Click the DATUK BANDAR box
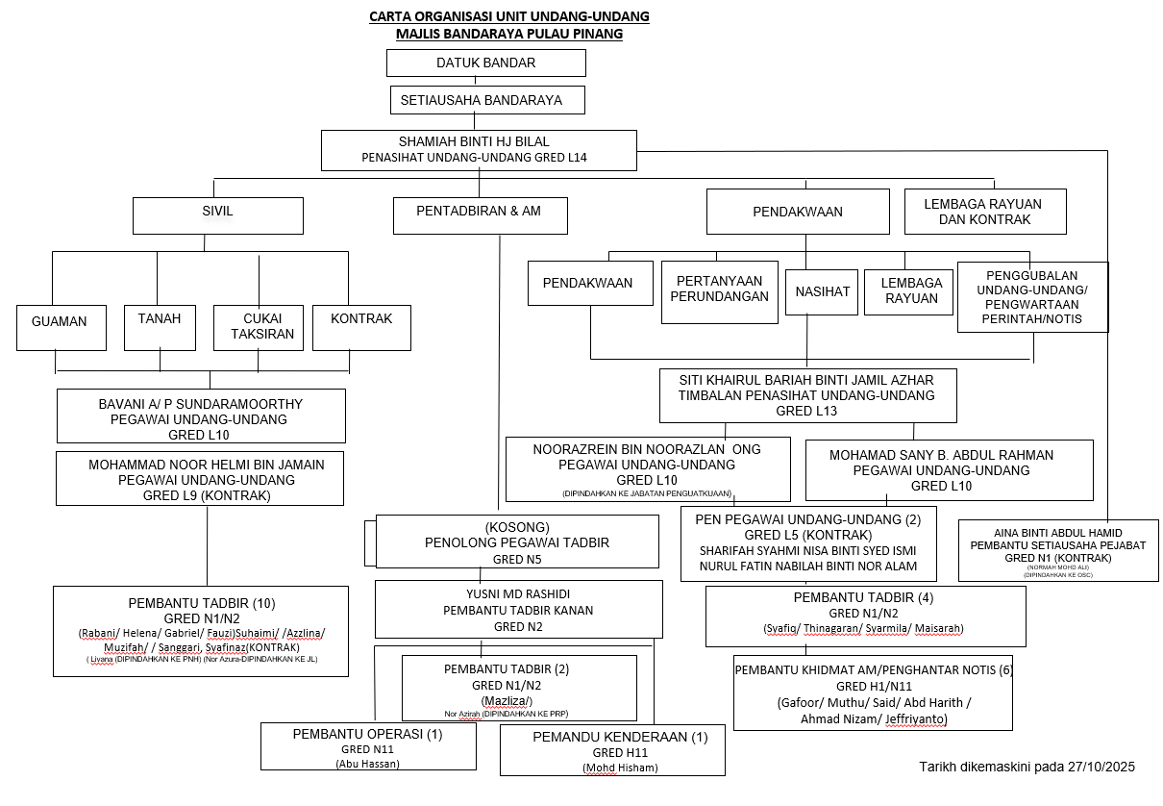[x=485, y=63]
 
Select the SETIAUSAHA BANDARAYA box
[x=488, y=100]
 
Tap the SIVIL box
[x=217, y=215]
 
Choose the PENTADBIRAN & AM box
[x=480, y=215]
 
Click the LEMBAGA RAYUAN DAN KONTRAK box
[x=985, y=212]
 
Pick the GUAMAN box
[x=59, y=326]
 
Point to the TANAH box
[x=160, y=326]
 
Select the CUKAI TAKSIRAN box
[x=258, y=327]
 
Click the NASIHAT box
[x=822, y=292]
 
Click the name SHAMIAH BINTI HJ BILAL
[x=474, y=141]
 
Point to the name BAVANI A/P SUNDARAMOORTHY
[x=200, y=404]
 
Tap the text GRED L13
[x=806, y=411]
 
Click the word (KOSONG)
[x=517, y=527]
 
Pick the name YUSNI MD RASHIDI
[x=518, y=593]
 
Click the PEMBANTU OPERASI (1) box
[x=368, y=746]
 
